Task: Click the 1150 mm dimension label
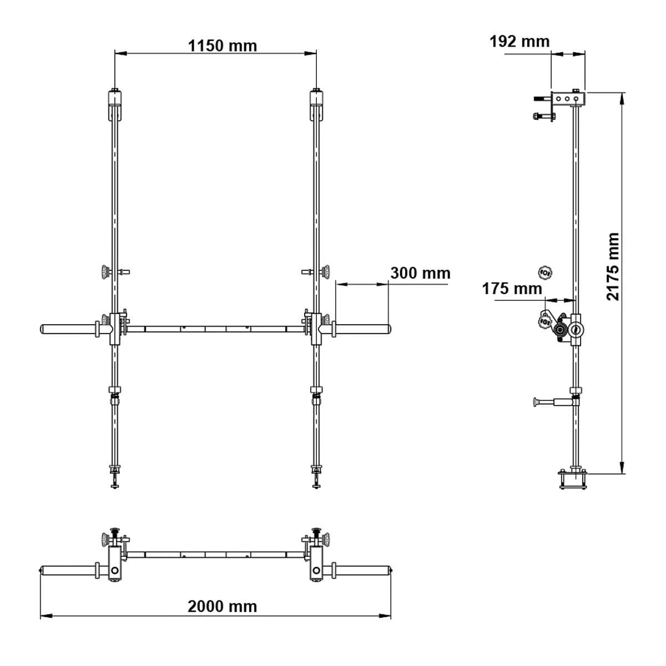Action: coord(223,46)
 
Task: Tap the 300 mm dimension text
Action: coord(420,273)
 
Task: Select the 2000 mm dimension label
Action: coord(223,606)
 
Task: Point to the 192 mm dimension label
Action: coord(519,42)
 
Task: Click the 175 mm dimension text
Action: coord(512,289)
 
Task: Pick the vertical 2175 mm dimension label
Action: coord(612,266)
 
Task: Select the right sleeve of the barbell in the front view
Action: coord(362,329)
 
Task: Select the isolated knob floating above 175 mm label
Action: coord(545,272)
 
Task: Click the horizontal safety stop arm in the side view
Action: coord(552,401)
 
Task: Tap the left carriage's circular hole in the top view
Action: coord(114,570)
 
